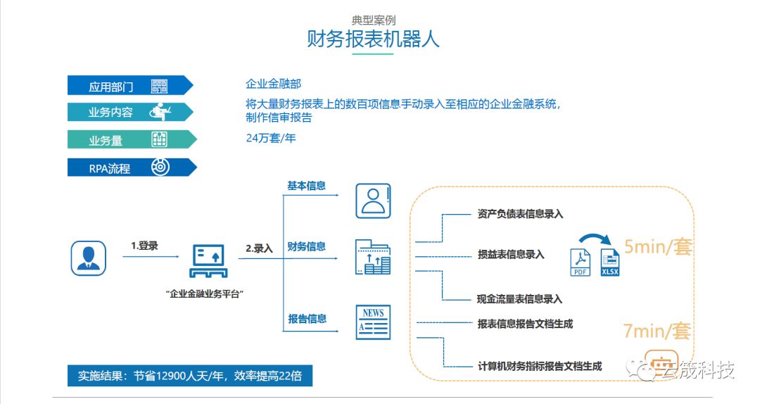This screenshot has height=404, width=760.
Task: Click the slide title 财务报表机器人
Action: click(373, 38)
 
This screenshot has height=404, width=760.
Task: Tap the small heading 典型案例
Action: click(373, 20)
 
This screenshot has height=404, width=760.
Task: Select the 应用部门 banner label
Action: click(110, 87)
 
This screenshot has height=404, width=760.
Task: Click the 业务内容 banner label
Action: click(110, 113)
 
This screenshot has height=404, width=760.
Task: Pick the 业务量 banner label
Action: click(106, 140)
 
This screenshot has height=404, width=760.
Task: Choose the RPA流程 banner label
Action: click(109, 168)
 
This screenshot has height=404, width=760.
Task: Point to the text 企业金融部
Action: click(274, 84)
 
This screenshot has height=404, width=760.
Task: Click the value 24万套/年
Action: click(271, 138)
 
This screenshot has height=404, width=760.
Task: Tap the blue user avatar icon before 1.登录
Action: click(88, 258)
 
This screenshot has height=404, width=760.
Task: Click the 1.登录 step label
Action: click(144, 246)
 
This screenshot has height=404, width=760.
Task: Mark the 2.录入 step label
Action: click(259, 248)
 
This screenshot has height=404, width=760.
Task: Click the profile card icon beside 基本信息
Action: click(372, 201)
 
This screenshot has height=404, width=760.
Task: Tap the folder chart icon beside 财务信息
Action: click(373, 257)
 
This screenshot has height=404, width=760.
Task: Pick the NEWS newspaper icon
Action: click(373, 322)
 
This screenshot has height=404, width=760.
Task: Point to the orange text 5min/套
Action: click(657, 247)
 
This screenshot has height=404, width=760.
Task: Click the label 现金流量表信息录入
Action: click(519, 299)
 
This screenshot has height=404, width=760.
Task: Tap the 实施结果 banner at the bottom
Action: click(190, 375)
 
